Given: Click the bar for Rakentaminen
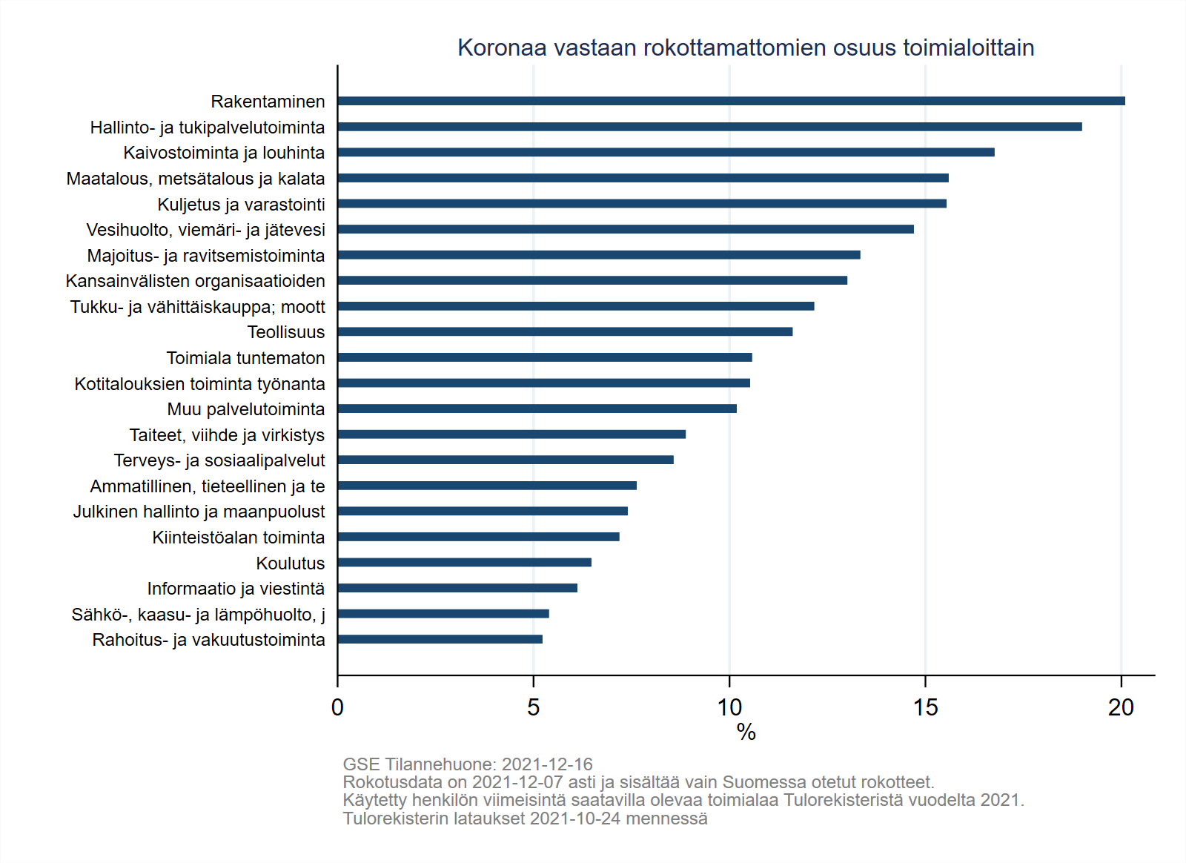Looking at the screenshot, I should pyautogui.click(x=731, y=101).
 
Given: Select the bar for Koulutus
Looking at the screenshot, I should pyautogui.click(x=465, y=562).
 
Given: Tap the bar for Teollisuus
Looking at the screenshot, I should pyautogui.click(x=565, y=331).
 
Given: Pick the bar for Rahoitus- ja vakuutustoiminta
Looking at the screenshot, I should pyautogui.click(x=440, y=639).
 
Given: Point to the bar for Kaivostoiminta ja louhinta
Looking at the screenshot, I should pyautogui.click(x=666, y=152).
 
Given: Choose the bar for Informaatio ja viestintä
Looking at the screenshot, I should pyautogui.click(x=457, y=588).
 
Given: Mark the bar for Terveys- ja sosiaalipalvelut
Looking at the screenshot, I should pyautogui.click(x=506, y=460).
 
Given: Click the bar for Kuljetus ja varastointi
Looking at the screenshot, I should pyautogui.click(x=642, y=203).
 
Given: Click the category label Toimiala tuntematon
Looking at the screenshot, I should pyautogui.click(x=245, y=358).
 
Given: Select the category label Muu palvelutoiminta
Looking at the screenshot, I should pyautogui.click(x=245, y=409).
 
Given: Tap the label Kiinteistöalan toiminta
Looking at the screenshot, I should pyautogui.click(x=238, y=538).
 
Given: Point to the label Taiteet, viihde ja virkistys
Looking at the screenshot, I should pyautogui.click(x=227, y=435).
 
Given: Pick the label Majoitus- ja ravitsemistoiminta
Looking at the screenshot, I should pyautogui.click(x=206, y=256).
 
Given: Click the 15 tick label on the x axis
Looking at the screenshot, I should pyautogui.click(x=925, y=707).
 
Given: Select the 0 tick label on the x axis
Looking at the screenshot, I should pyautogui.click(x=337, y=707).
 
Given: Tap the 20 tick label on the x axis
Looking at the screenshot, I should pyautogui.click(x=1121, y=707).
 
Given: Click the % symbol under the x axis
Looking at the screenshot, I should pyautogui.click(x=746, y=733).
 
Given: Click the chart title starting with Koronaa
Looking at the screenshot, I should pyautogui.click(x=746, y=47).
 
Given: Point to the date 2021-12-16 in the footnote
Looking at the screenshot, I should pyautogui.click(x=547, y=764).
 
